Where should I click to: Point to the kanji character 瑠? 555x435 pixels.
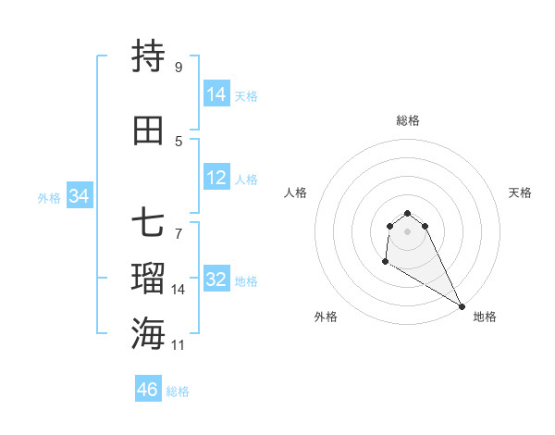pos(149,278)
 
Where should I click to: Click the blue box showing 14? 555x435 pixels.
pos(216,94)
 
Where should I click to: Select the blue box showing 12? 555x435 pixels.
pos(216,179)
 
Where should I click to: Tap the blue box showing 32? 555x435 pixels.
pos(216,280)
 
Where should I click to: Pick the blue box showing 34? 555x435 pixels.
pos(80,196)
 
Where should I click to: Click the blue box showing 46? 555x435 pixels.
pos(148,390)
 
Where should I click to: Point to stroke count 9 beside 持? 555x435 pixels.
pos(179,67)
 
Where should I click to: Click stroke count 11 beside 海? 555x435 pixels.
pos(179,344)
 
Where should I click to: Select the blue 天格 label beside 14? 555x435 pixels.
pos(246,95)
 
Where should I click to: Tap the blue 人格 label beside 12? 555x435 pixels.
pos(246,180)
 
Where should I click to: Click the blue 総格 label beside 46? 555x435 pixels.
pos(178,391)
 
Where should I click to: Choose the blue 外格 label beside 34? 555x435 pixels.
pos(49,197)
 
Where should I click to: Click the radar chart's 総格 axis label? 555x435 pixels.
pos(408,120)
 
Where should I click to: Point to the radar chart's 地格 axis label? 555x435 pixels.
pos(485,317)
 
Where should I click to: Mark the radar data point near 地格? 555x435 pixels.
pos(462,305)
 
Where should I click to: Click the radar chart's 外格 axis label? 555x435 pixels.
pos(326,317)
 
